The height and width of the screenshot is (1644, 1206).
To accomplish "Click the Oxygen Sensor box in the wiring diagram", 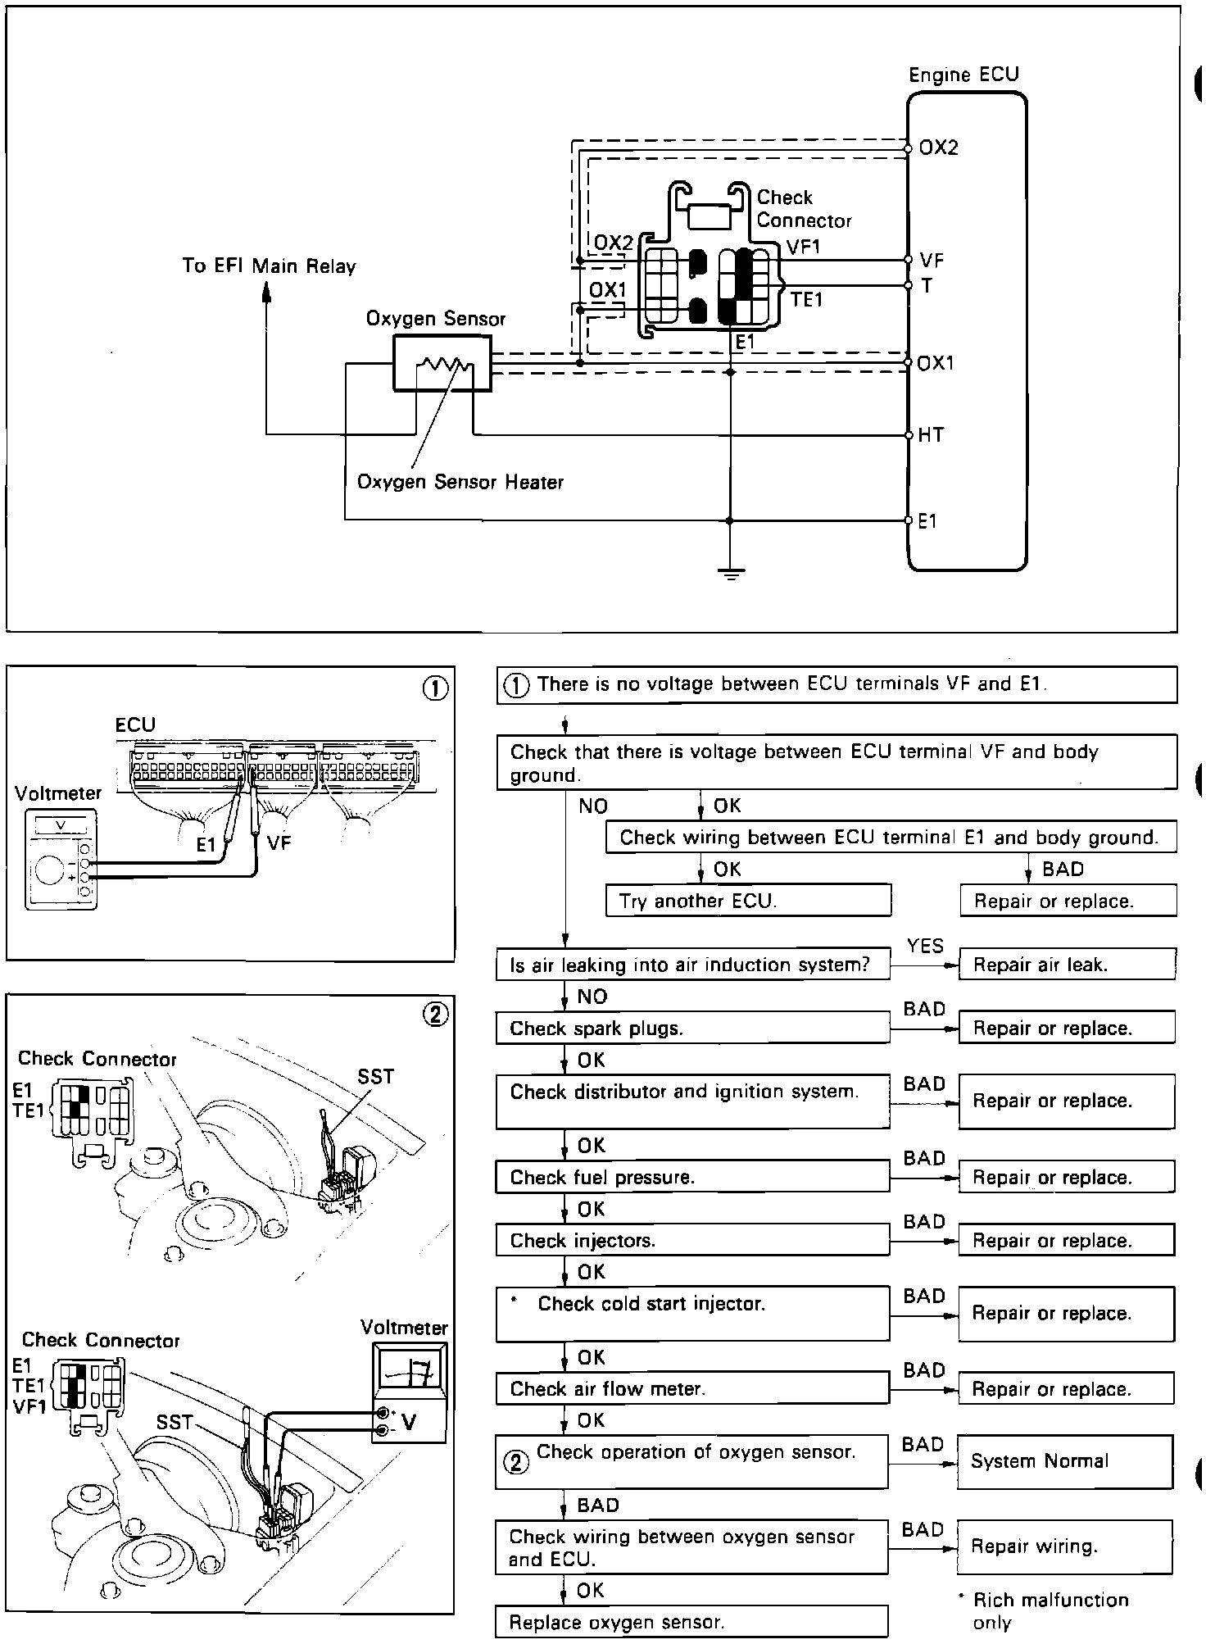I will [442, 364].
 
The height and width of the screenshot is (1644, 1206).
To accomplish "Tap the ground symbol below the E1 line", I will [730, 574].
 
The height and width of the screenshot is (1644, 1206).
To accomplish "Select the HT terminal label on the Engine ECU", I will [931, 435].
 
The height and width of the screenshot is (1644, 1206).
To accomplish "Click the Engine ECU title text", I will [963, 75].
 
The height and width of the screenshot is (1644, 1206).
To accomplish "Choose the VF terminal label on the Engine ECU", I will [932, 261].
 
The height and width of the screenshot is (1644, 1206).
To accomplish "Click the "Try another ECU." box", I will [748, 901].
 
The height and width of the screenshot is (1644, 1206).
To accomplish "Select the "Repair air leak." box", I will [1067, 965].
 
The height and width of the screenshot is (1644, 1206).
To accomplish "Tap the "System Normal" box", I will [1064, 1461].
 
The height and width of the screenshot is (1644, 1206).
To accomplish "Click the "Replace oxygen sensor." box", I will [691, 1622].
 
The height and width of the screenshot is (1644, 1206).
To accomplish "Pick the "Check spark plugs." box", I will [692, 1029].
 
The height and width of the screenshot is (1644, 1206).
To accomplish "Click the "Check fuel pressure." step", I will [692, 1178].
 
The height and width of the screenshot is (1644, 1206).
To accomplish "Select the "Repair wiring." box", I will [1064, 1546].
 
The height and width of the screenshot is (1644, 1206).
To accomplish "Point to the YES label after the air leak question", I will [925, 947].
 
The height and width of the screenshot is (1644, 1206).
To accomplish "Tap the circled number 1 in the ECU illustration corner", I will [435, 688].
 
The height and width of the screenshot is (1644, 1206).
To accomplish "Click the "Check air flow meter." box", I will [692, 1389].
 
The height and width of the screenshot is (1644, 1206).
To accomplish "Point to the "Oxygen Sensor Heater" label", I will [460, 482].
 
